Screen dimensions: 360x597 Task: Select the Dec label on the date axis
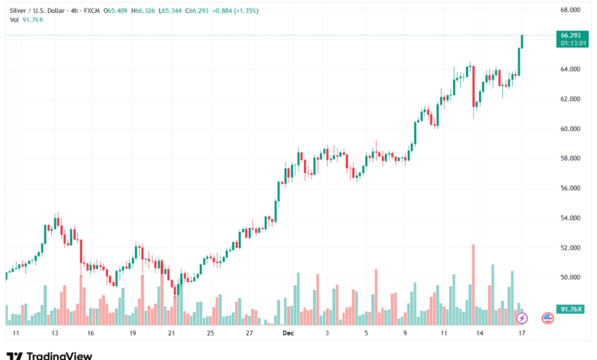tap(288, 334)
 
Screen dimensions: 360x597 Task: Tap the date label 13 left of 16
tap(55, 334)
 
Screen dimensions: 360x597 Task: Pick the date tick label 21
tap(171, 334)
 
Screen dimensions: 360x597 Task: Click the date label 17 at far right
tap(521, 334)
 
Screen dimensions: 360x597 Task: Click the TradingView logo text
tap(59, 355)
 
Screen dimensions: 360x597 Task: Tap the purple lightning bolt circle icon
tap(521, 317)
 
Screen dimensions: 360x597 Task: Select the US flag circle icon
tap(547, 317)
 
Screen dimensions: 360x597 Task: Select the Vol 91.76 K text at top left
tap(26, 21)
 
